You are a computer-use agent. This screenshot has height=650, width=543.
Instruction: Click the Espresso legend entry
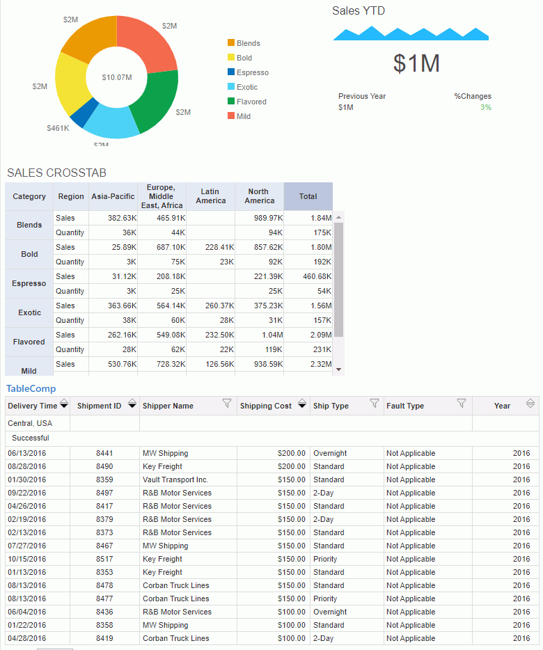pos(252,72)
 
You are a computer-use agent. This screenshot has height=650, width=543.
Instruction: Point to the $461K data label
pos(58,128)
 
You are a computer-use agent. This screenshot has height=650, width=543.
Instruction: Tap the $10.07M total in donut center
pos(116,77)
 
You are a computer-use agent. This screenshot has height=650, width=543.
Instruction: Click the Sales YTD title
pos(358,10)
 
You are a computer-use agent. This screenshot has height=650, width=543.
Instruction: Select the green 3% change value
pos(485,107)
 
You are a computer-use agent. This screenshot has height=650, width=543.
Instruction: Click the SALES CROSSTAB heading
pos(56,173)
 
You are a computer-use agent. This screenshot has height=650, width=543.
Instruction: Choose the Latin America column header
pos(210,196)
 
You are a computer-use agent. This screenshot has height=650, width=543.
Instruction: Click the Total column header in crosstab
pos(308,196)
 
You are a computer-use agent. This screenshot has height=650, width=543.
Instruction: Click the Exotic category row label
pos(29,312)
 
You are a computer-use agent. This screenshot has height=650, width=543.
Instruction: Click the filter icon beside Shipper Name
pos(226,404)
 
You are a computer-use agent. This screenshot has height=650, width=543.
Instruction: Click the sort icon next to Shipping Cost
pos(301,404)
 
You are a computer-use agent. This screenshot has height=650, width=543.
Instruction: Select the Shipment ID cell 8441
pos(104,453)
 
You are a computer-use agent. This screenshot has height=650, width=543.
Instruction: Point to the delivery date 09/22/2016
pos(27,493)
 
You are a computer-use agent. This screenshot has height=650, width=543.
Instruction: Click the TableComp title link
pos(31,388)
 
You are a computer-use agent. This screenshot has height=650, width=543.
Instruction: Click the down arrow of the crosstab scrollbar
pos(339,370)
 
